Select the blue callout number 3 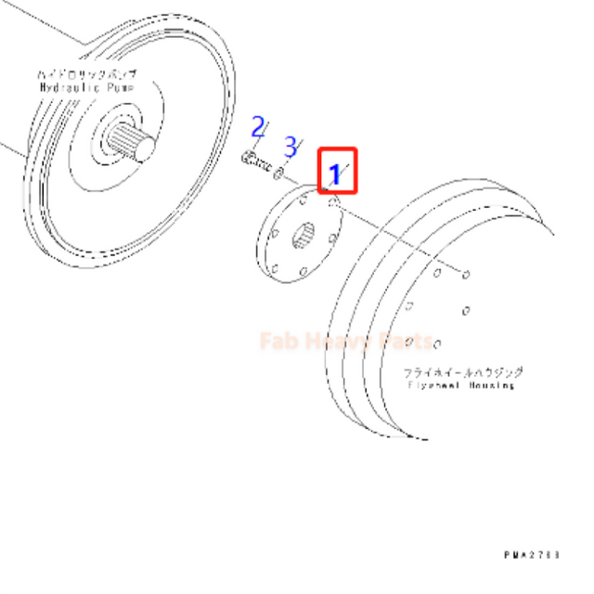coord(291,146)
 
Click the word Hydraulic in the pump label coord(70,86)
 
